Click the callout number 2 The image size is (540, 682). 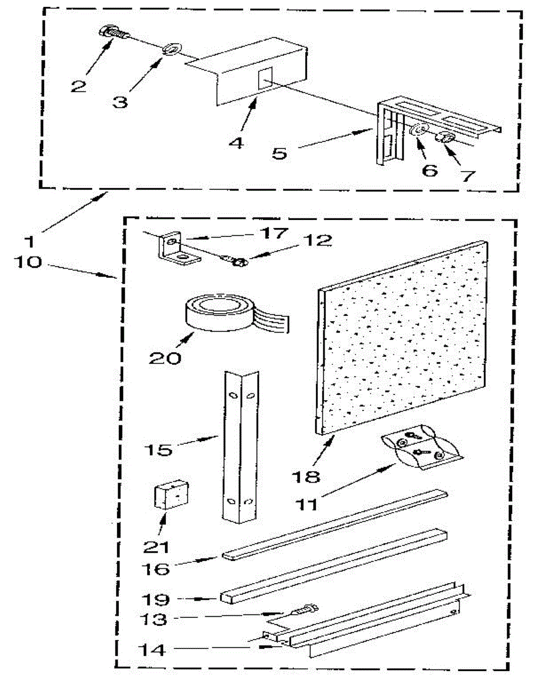(x=78, y=86)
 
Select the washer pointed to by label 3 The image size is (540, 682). (x=169, y=51)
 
